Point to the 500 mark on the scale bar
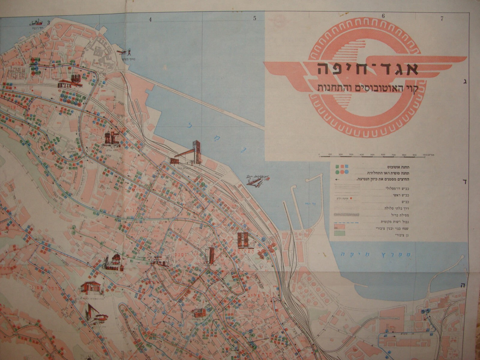[x=372, y=155]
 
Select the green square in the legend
[x=338, y=166]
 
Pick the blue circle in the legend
[x=347, y=172]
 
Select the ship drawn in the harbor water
[x=255, y=180]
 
